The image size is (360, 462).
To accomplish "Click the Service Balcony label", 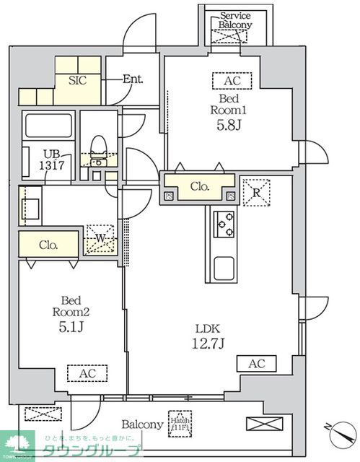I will (x=236, y=19).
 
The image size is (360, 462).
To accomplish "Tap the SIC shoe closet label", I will (x=77, y=80).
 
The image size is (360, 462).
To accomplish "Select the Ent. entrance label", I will (x=132, y=79).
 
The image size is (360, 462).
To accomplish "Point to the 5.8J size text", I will (x=229, y=125).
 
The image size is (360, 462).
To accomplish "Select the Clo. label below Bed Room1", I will (x=199, y=186).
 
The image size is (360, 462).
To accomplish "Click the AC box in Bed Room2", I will (x=86, y=373).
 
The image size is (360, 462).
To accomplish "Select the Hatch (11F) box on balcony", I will (x=178, y=421).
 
